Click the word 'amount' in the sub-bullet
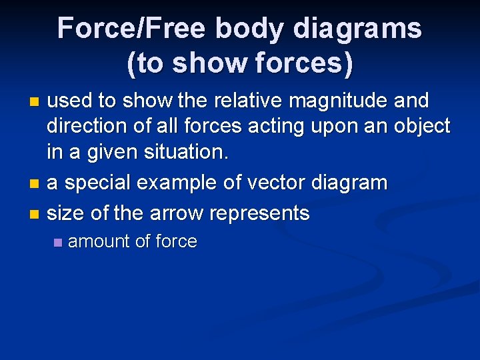click(99, 241)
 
